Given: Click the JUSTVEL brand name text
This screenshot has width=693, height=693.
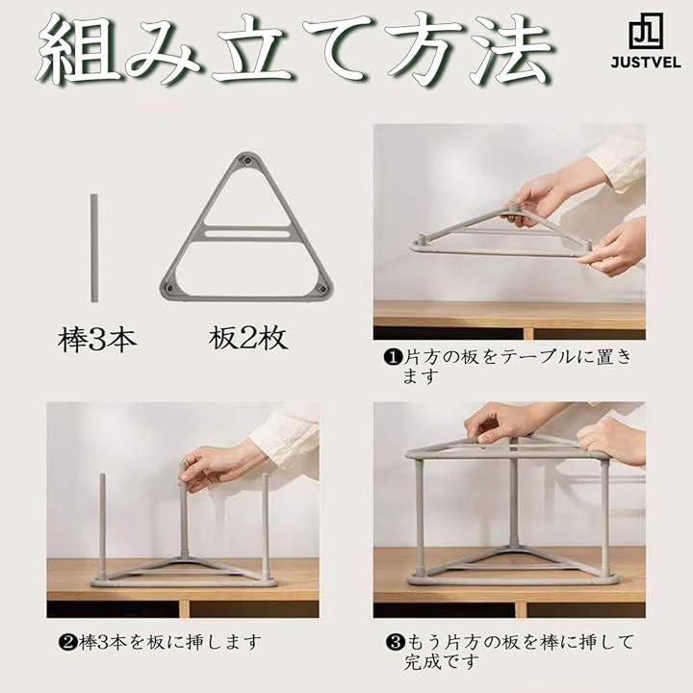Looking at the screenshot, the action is (645, 62).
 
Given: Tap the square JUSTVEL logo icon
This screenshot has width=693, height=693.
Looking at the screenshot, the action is (646, 31).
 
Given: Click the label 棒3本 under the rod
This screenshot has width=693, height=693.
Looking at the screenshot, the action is (97, 340).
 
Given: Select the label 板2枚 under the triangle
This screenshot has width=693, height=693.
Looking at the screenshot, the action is (248, 338).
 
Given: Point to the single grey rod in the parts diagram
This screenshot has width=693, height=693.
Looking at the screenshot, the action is (94, 247).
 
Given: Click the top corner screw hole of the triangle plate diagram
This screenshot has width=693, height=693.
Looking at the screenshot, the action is (248, 161).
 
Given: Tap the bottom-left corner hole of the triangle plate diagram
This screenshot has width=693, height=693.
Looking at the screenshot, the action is (171, 289).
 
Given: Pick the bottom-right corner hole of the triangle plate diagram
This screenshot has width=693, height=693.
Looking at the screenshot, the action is (322, 289).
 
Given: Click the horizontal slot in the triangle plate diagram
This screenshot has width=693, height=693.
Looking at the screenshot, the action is (247, 233).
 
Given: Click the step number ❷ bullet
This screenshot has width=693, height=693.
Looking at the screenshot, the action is (66, 642).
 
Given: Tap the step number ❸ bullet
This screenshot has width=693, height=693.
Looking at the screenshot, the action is (395, 642).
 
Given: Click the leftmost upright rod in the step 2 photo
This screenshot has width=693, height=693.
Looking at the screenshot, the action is (103, 526).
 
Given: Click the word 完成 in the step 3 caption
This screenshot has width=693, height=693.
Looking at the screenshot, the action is (423, 661).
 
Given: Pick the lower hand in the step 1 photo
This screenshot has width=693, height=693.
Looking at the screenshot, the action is (612, 249).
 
